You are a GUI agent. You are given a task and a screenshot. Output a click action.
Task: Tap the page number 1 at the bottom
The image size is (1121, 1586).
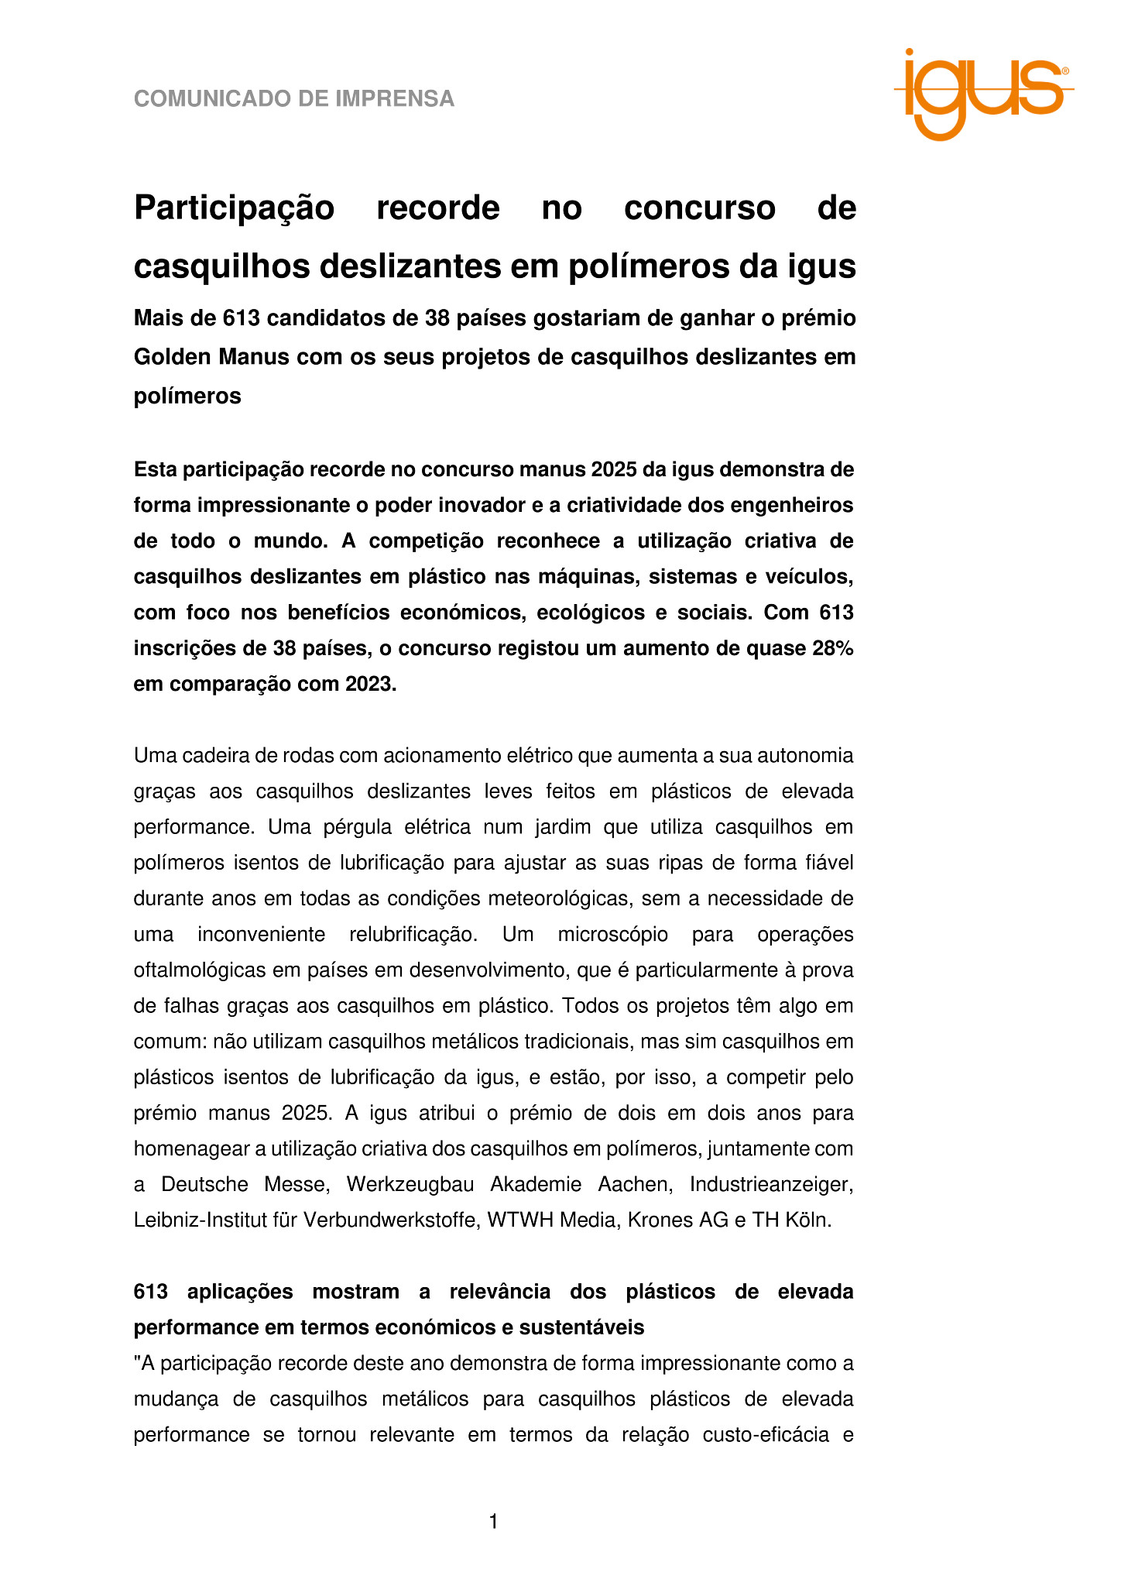[x=493, y=1522]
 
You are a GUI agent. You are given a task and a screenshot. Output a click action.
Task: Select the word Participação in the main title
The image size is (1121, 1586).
[x=234, y=208]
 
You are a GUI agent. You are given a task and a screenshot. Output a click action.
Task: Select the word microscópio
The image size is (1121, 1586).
[x=612, y=935]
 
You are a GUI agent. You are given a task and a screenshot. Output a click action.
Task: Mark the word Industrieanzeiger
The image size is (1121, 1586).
[x=771, y=1185]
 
